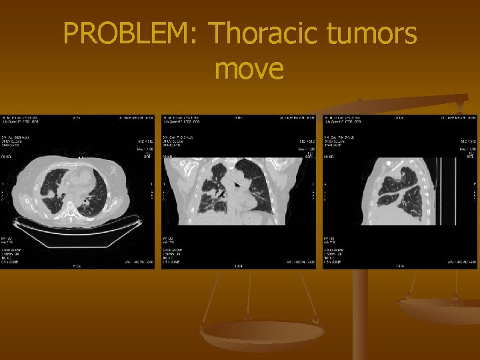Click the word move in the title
point(249,68)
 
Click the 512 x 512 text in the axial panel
point(146,142)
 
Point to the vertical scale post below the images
point(360,313)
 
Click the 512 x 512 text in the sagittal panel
point(468,142)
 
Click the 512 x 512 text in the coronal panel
point(307,142)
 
